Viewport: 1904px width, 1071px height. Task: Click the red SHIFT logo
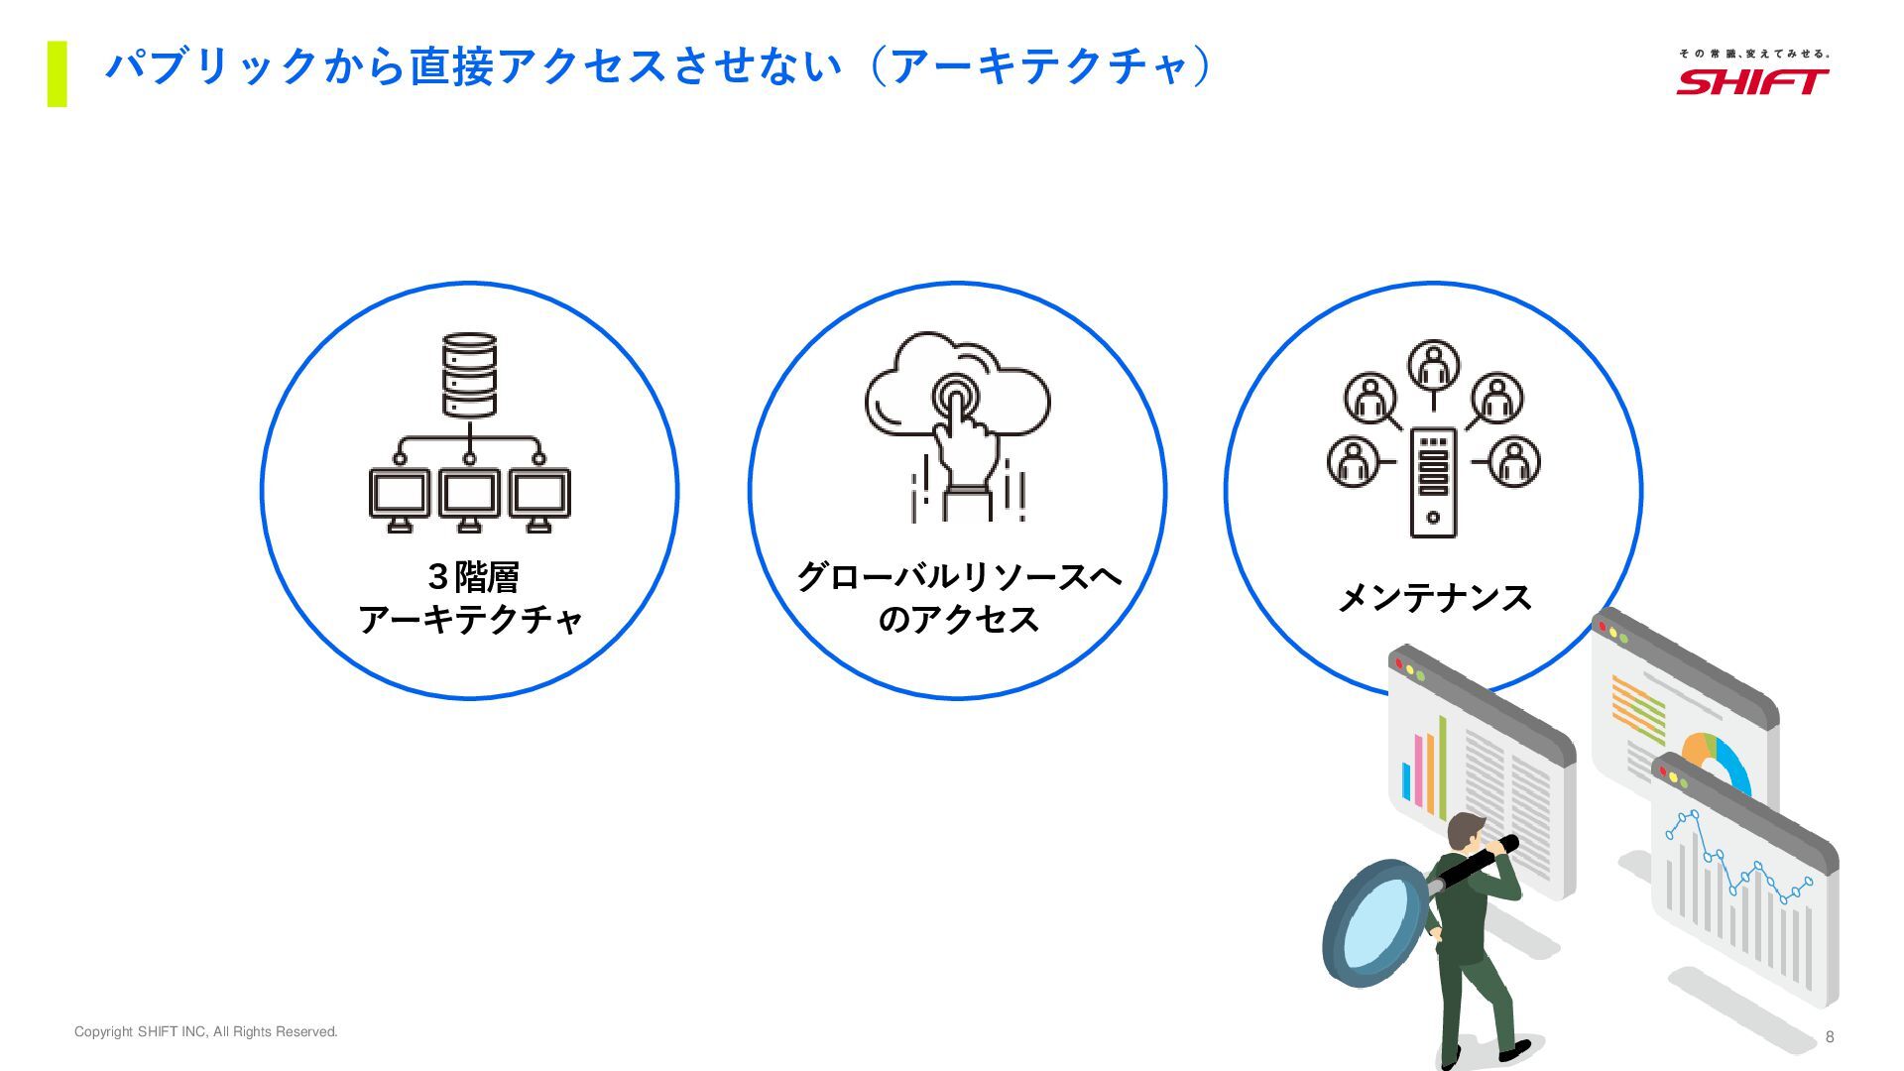pyautogui.click(x=1752, y=81)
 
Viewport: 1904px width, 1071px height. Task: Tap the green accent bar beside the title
pyautogui.click(x=58, y=73)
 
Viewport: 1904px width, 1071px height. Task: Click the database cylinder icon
pyautogui.click(x=469, y=375)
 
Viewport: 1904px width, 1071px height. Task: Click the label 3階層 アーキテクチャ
pyautogui.click(x=470, y=598)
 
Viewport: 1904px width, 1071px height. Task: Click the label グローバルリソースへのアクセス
pyautogui.click(x=958, y=598)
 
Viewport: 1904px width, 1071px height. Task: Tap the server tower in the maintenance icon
pyautogui.click(x=1433, y=483)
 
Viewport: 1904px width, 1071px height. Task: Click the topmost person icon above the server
pyautogui.click(x=1433, y=365)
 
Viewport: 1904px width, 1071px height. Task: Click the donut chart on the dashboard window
pyautogui.click(x=1719, y=760)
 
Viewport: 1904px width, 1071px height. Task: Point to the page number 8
pyautogui.click(x=1830, y=1037)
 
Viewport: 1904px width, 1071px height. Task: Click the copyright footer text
pyautogui.click(x=206, y=1032)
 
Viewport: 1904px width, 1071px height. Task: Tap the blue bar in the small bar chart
pyautogui.click(x=1406, y=782)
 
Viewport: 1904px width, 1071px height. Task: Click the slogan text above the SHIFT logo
pyautogui.click(x=1753, y=54)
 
